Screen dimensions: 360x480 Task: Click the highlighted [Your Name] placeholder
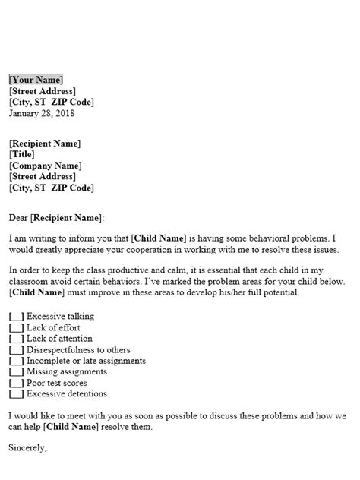point(36,80)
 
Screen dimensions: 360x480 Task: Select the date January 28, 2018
point(42,114)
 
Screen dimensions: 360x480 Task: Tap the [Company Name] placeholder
point(46,166)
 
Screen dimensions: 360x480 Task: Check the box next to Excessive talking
point(16,315)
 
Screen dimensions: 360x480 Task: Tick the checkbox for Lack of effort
point(16,327)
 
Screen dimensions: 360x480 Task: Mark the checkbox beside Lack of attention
point(16,338)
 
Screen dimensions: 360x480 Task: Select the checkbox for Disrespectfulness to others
point(16,349)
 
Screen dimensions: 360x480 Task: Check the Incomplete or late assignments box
point(16,361)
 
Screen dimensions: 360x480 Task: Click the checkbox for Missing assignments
point(16,372)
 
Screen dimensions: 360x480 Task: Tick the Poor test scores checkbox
point(16,384)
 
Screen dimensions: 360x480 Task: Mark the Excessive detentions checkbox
point(16,394)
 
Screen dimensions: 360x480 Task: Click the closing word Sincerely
point(27,448)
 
